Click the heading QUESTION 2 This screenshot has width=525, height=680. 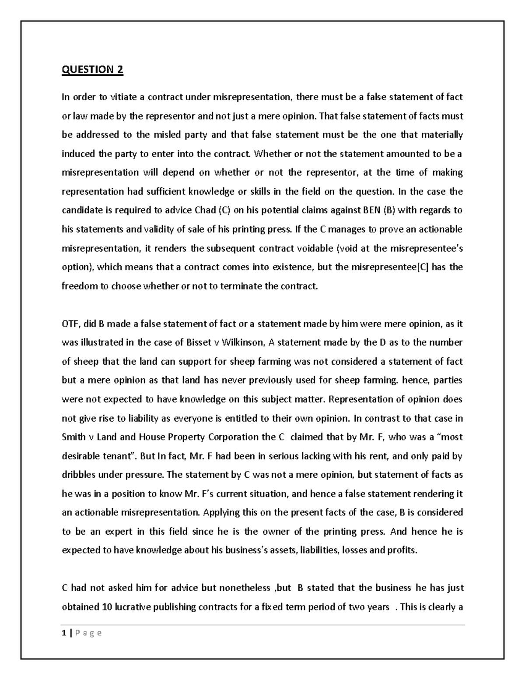(92, 70)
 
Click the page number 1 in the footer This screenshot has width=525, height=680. (64, 633)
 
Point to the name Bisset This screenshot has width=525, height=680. (199, 343)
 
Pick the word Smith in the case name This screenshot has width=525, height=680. (73, 437)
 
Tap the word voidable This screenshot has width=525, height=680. (315, 248)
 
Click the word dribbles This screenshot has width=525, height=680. (79, 475)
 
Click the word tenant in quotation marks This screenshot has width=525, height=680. (121, 456)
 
